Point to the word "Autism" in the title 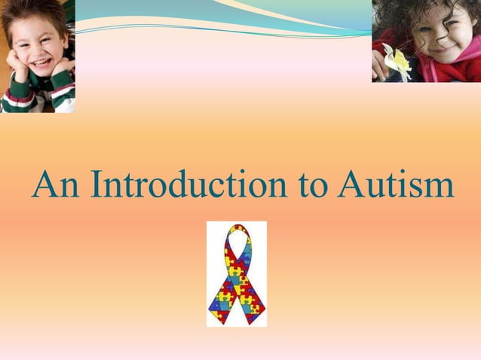coord(396,185)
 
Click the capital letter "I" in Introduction coord(96,185)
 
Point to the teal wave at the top coord(226,19)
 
